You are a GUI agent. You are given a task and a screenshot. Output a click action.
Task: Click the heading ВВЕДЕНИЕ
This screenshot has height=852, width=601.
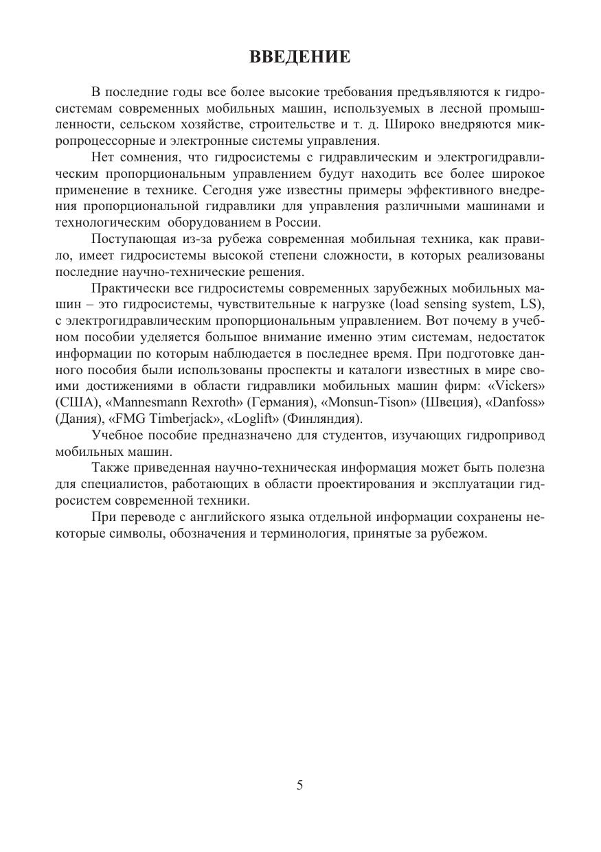299,57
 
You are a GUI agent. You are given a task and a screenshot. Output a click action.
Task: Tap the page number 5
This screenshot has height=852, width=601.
299,785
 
